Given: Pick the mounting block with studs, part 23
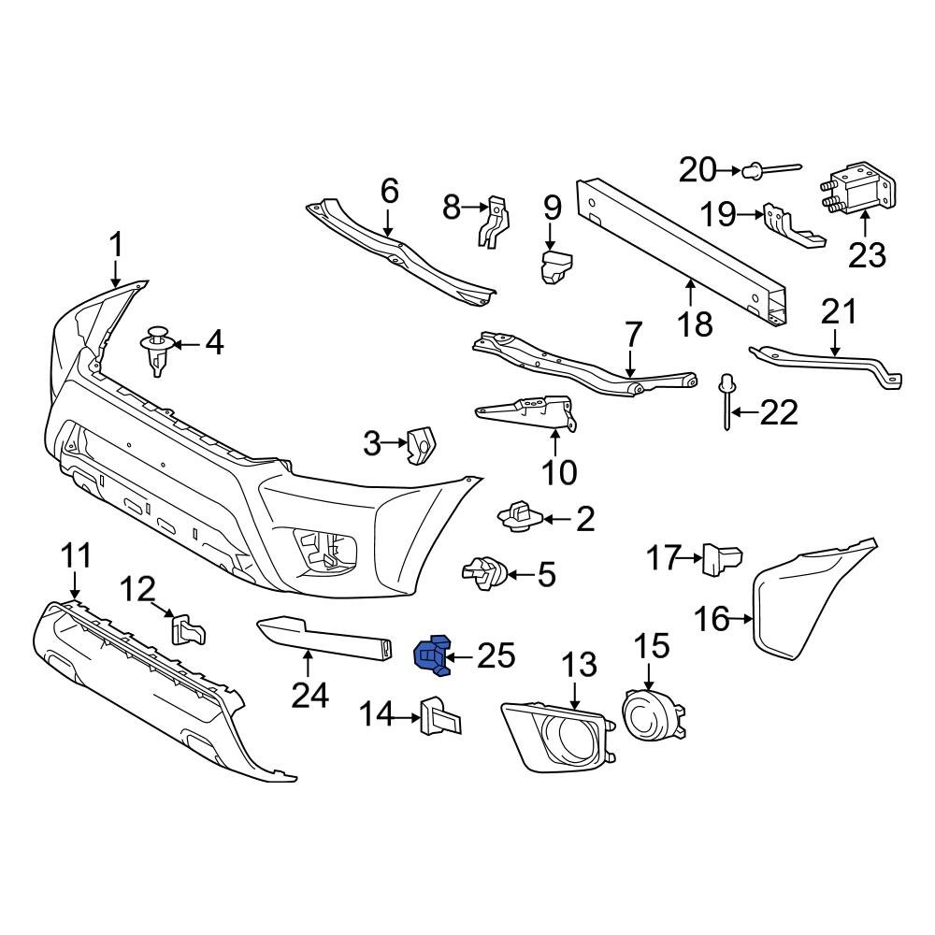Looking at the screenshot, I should click(858, 193).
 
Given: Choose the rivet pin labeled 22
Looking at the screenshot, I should click(726, 400).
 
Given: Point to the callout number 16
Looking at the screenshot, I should click(712, 618).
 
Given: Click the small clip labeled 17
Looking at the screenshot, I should click(722, 559).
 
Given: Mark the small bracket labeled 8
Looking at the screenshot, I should click(494, 222).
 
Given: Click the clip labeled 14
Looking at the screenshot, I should click(439, 718).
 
